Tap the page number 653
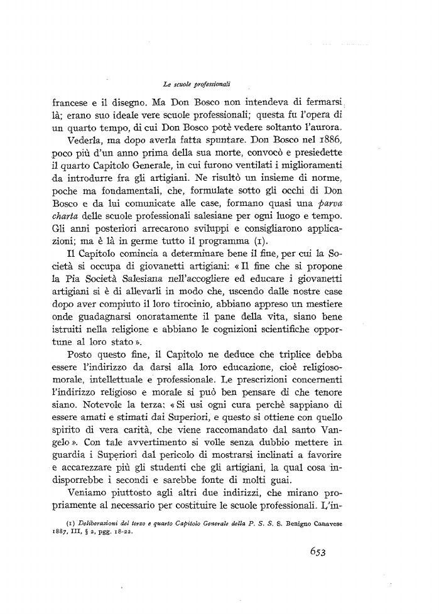(320, 552)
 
